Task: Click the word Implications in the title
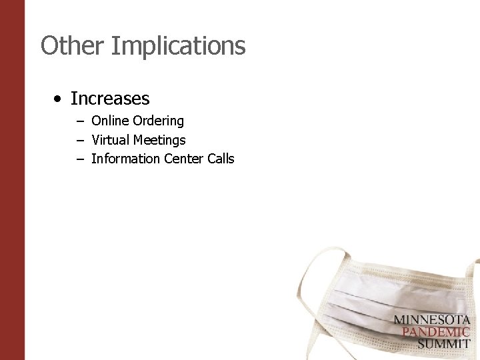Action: click(x=178, y=47)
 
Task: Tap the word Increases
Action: click(x=110, y=99)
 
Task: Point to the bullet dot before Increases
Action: click(x=59, y=99)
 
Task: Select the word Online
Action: click(x=110, y=121)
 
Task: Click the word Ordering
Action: click(x=158, y=121)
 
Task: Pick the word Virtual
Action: click(x=111, y=140)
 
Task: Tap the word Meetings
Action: click(x=159, y=141)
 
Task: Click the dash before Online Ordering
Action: click(x=80, y=121)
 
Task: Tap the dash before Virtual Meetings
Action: click(x=80, y=141)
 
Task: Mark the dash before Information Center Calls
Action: click(x=80, y=159)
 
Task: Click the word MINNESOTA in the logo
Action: click(x=431, y=319)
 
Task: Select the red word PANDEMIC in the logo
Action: click(x=432, y=332)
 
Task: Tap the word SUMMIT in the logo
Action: click(x=443, y=344)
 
